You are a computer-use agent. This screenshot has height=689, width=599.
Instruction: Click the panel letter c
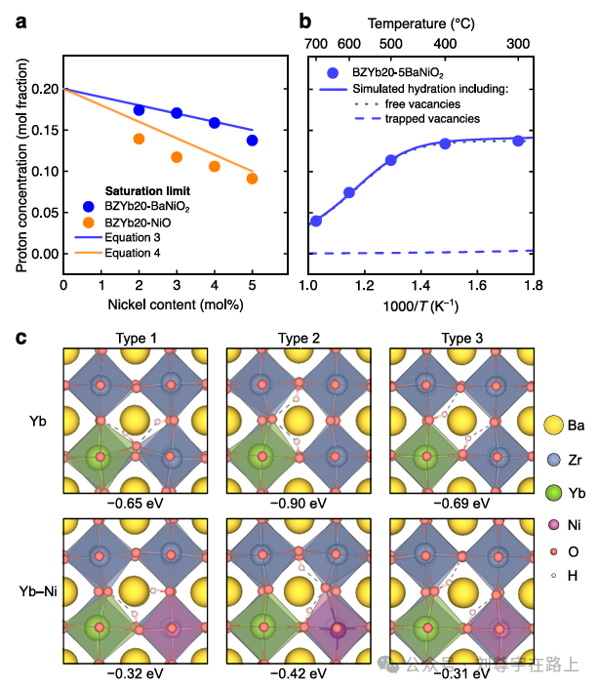pos(20,339)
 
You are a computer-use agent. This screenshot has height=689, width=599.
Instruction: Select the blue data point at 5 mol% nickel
pos(253,141)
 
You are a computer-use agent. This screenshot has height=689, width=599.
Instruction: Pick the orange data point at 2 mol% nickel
pos(139,139)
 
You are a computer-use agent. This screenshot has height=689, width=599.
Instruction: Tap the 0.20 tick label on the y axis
pos(44,89)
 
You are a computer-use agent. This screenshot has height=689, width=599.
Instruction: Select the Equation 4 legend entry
pos(131,254)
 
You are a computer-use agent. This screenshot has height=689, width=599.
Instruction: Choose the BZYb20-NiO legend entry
pos(143,223)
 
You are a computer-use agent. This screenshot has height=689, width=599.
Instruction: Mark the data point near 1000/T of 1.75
pos(519,141)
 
